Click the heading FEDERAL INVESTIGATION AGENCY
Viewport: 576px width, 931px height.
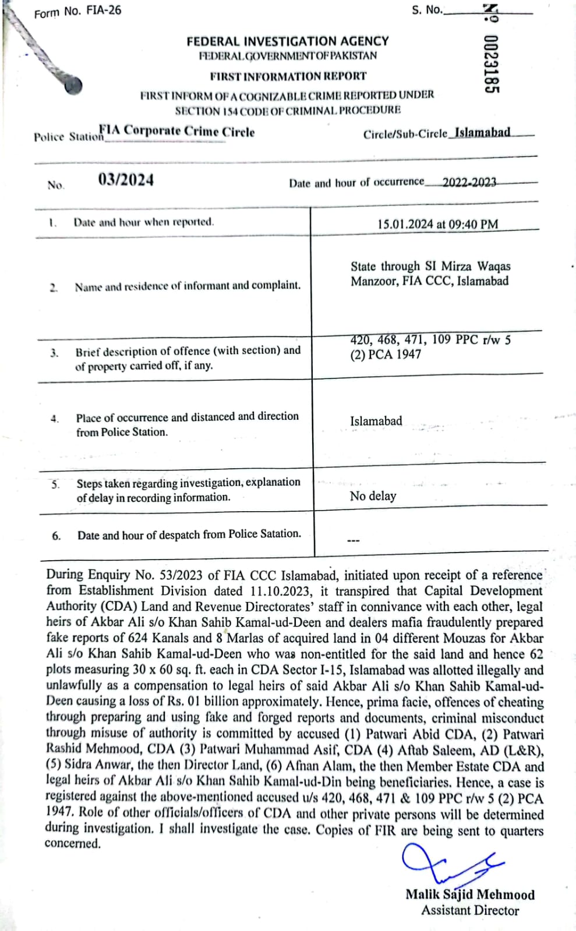click(x=288, y=41)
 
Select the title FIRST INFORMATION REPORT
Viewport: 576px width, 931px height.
click(x=288, y=76)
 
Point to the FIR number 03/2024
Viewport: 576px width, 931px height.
click(x=126, y=180)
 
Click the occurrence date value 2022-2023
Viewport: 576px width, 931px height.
click(x=469, y=182)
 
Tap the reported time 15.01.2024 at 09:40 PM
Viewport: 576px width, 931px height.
click(x=437, y=224)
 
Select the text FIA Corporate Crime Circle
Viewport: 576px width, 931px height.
click(x=177, y=132)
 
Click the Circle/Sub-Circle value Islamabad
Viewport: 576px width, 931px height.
click(x=482, y=132)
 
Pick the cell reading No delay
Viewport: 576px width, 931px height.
click(x=373, y=496)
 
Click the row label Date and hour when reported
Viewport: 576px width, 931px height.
click(x=144, y=222)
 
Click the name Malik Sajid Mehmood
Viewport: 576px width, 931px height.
click(x=470, y=894)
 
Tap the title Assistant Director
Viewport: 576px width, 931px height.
click(x=470, y=910)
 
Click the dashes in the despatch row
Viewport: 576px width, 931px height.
click(x=354, y=541)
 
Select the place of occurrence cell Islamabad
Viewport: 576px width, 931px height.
click(x=376, y=421)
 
